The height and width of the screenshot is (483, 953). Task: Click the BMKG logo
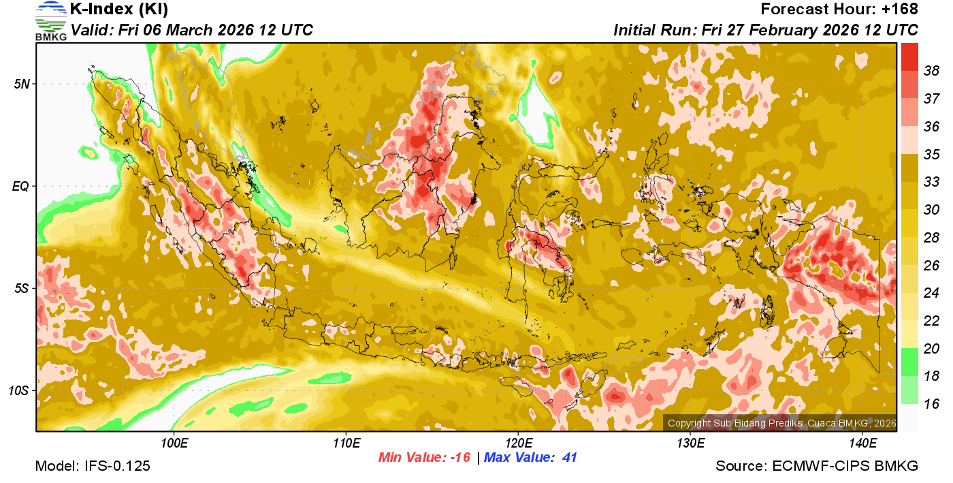pyautogui.click(x=50, y=21)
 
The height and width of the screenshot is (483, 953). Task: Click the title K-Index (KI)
pyautogui.click(x=119, y=10)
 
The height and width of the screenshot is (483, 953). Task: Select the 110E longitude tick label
pyautogui.click(x=346, y=444)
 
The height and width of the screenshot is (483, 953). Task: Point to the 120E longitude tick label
pyautogui.click(x=518, y=444)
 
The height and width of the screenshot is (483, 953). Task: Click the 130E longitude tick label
pyautogui.click(x=690, y=444)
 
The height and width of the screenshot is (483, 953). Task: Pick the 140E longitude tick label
pyautogui.click(x=862, y=444)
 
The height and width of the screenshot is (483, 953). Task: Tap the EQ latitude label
pyautogui.click(x=22, y=186)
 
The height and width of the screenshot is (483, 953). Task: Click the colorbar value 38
pyautogui.click(x=931, y=71)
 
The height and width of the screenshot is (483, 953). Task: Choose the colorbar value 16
pyautogui.click(x=931, y=404)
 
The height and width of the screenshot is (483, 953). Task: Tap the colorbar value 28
pyautogui.click(x=931, y=238)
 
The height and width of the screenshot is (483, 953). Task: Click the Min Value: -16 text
pyautogui.click(x=424, y=458)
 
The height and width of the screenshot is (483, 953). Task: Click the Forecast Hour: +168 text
pyautogui.click(x=839, y=10)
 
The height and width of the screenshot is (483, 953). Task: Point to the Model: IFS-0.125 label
pyautogui.click(x=93, y=466)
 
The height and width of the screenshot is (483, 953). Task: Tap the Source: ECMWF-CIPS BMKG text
pyautogui.click(x=817, y=466)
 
